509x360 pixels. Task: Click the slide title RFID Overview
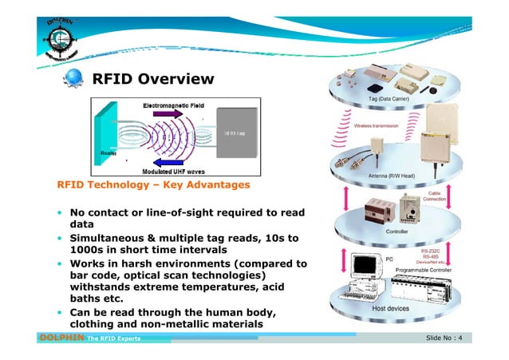click(x=153, y=79)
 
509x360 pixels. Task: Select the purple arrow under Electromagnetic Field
click(x=169, y=114)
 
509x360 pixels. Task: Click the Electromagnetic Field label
click(x=172, y=105)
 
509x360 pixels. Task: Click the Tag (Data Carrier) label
click(x=389, y=98)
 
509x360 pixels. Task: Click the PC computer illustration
click(x=361, y=273)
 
